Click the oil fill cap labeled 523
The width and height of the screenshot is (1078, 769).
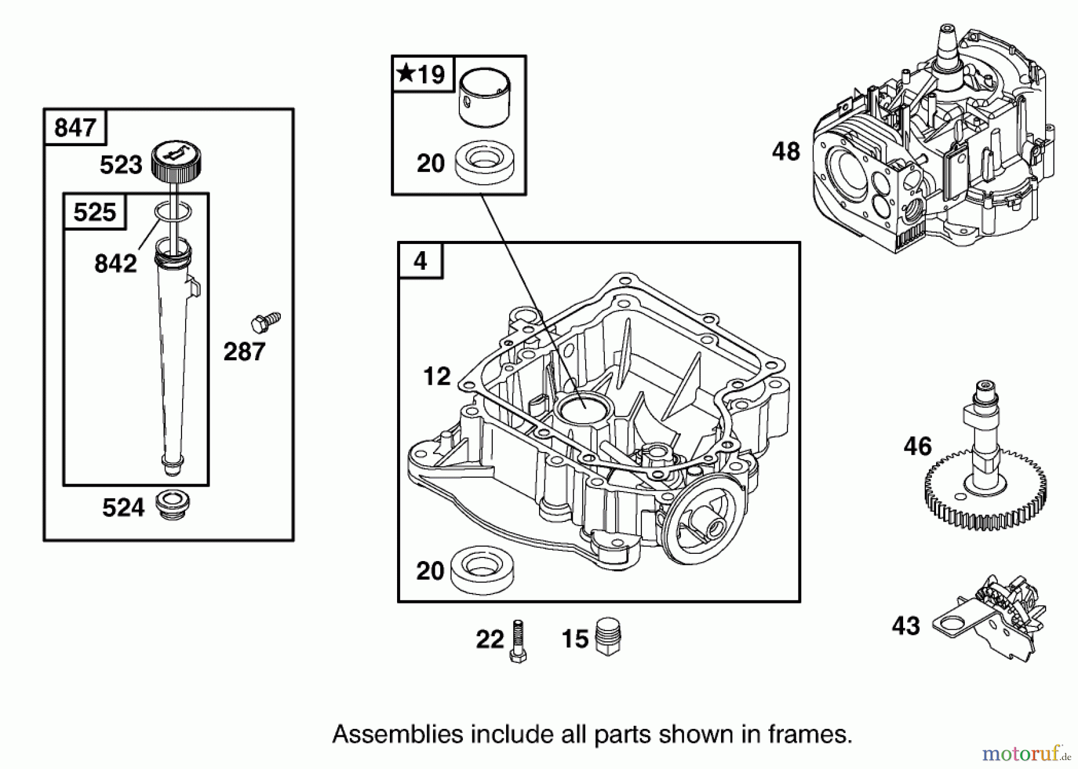click(176, 159)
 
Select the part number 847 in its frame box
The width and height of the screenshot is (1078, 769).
click(75, 128)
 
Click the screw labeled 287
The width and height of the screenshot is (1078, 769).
click(265, 322)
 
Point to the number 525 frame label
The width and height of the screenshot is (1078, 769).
click(95, 212)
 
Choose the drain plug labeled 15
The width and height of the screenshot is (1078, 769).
click(609, 637)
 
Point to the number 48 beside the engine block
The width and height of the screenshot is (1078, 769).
click(786, 151)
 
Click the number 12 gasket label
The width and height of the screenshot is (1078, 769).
click(437, 376)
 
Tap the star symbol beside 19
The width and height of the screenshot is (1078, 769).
click(406, 74)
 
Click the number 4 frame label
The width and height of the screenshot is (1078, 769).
click(420, 261)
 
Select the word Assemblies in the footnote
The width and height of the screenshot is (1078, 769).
click(397, 734)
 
